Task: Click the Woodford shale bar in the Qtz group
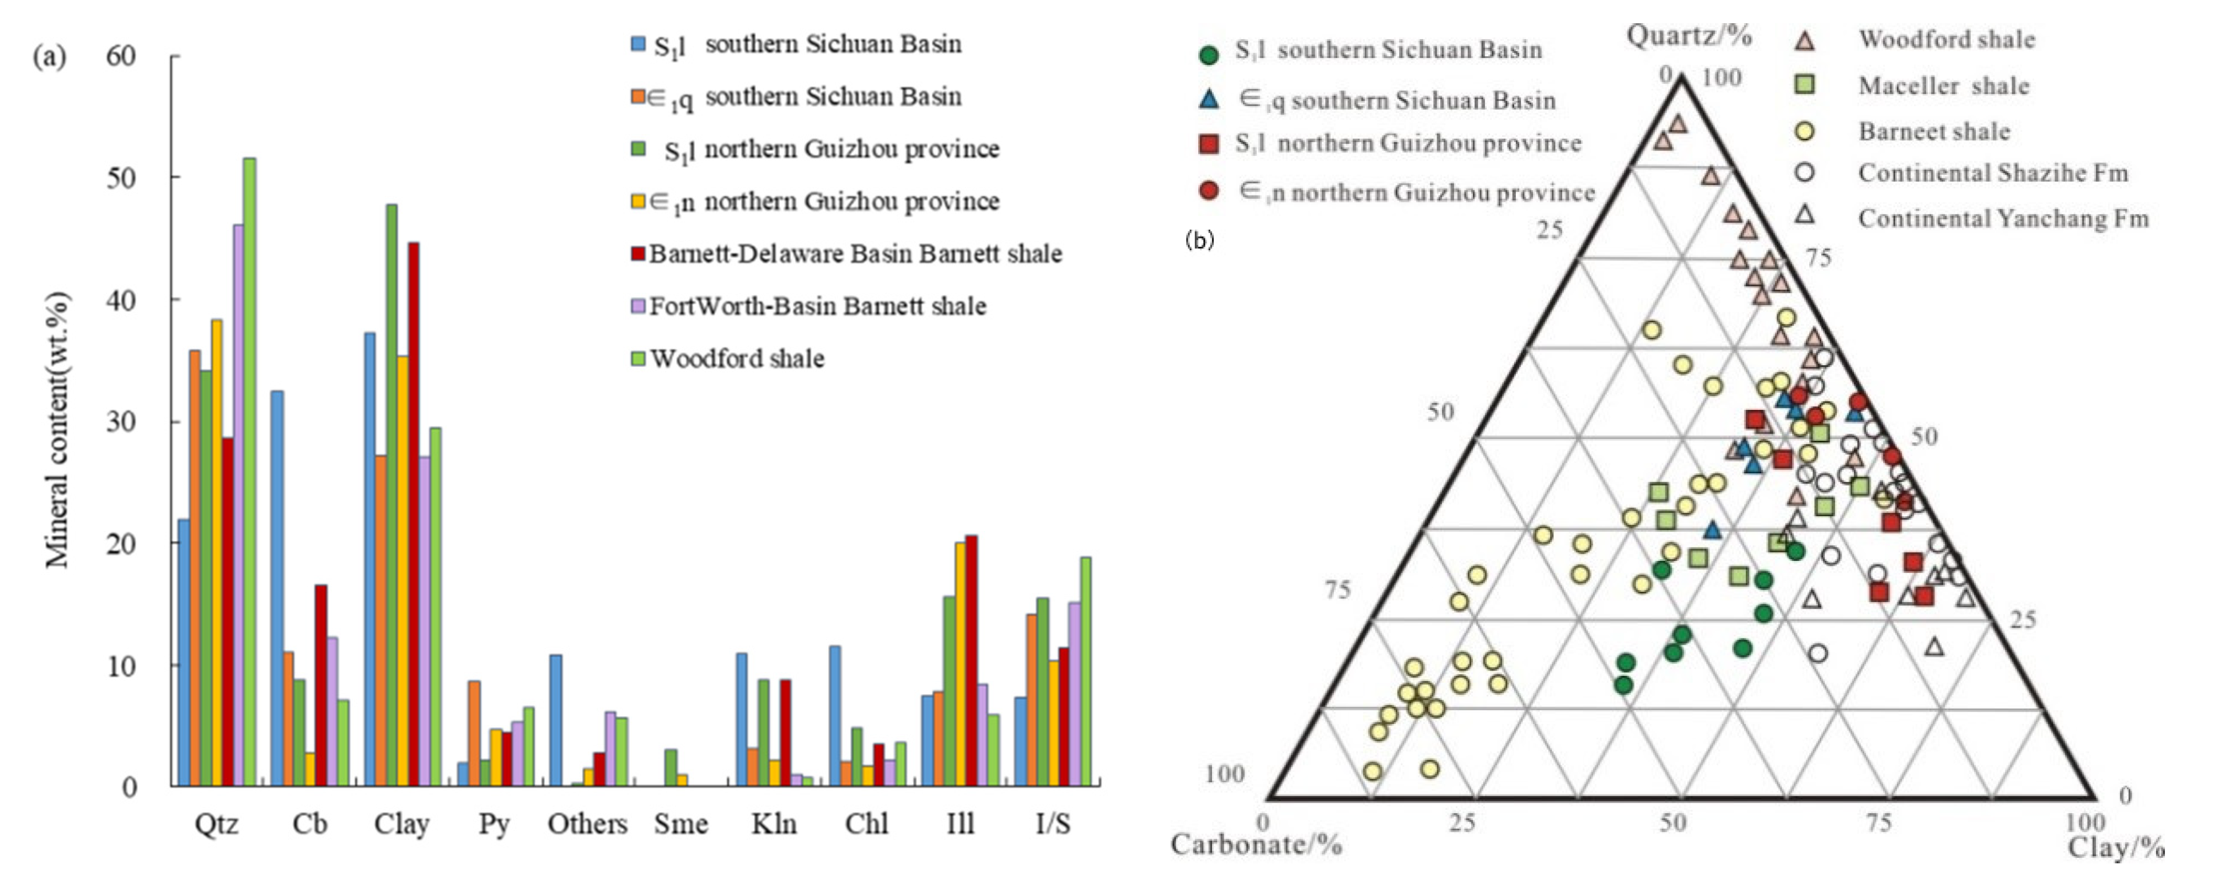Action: (249, 472)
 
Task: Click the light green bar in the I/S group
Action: (1086, 670)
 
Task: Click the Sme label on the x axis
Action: (680, 824)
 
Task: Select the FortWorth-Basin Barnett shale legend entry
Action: (817, 306)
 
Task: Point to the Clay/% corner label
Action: (2115, 848)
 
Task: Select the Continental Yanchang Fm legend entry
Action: (2003, 218)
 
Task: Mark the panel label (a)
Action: (49, 57)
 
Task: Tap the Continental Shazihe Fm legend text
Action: (1992, 172)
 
